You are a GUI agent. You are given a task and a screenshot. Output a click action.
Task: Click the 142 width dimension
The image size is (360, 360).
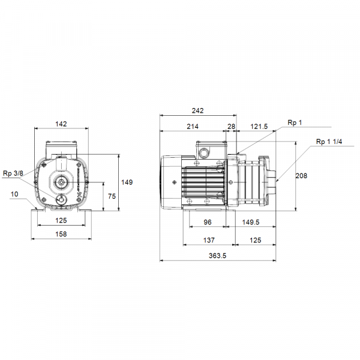(x=61, y=124)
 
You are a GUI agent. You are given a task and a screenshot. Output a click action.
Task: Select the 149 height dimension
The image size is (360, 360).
(x=127, y=182)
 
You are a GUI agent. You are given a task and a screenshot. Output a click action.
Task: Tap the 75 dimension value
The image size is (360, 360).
(x=111, y=196)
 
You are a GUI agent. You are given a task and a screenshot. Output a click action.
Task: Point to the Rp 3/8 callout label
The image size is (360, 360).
(x=13, y=173)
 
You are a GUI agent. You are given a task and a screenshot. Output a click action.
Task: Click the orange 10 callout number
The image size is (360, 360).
(x=14, y=194)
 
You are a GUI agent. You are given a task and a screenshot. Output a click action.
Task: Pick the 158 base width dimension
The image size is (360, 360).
(x=61, y=234)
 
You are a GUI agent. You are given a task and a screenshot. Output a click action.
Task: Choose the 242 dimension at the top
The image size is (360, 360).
(x=198, y=110)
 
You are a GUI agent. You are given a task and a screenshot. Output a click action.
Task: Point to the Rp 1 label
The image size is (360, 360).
(x=295, y=122)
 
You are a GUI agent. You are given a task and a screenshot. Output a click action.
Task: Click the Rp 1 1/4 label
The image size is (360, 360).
(x=329, y=142)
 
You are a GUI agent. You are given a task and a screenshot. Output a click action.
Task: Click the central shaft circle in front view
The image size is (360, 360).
(x=61, y=182)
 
